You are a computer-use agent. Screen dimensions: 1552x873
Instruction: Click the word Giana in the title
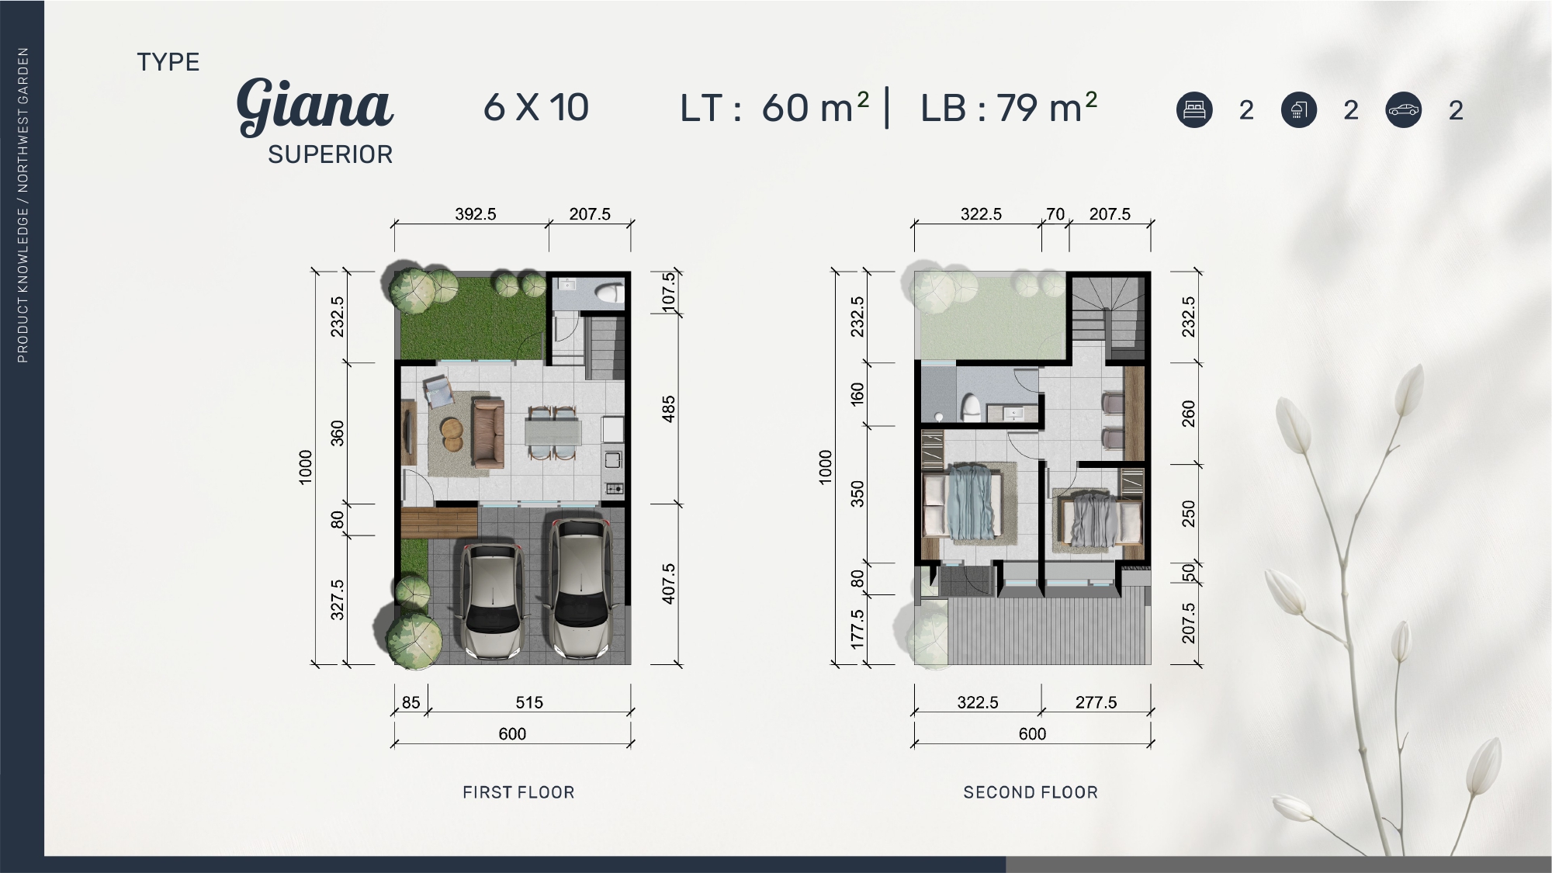point(315,106)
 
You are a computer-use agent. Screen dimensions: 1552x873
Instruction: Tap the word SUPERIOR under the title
point(331,155)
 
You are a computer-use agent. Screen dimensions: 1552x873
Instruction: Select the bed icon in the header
point(1194,109)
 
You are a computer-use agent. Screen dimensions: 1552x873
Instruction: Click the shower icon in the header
point(1299,109)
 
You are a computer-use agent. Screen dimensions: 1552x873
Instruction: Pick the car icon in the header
point(1404,109)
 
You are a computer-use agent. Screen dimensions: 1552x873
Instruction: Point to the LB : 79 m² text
point(1009,108)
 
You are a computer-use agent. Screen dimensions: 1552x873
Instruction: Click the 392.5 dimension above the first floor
point(476,214)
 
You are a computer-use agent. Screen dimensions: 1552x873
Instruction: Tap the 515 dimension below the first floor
point(529,702)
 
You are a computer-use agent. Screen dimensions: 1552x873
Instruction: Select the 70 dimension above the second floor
point(1055,214)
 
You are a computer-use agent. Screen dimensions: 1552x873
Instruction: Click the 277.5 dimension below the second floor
point(1096,702)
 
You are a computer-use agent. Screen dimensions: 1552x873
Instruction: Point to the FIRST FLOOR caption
point(518,792)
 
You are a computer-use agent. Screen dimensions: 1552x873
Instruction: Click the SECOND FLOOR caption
point(1031,792)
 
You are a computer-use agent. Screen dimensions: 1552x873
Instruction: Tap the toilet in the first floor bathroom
point(608,293)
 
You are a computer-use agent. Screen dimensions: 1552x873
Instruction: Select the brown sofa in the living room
point(488,433)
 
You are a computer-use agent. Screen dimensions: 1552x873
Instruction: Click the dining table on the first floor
point(553,432)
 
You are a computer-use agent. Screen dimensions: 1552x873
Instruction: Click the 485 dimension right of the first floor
point(669,409)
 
